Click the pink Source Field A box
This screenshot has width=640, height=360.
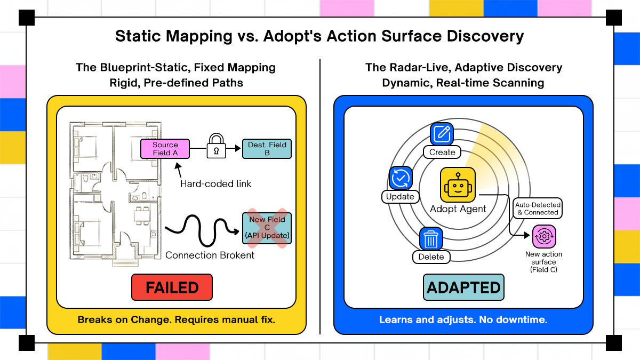[165, 149]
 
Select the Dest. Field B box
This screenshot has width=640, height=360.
[267, 149]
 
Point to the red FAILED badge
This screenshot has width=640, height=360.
[172, 288]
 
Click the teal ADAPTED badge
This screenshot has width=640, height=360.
[464, 288]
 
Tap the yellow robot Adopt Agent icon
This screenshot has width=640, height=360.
[458, 185]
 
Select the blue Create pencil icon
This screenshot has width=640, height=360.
[442, 134]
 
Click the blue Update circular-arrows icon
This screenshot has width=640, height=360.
[400, 179]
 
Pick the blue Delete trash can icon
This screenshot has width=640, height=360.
[431, 239]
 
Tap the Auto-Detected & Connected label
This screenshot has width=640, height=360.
[537, 209]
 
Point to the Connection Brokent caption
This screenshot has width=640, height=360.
[210, 255]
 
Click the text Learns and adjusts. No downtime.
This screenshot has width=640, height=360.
[463, 320]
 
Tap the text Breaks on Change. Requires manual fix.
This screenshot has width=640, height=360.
[176, 320]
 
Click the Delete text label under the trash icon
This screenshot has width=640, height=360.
[431, 257]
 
